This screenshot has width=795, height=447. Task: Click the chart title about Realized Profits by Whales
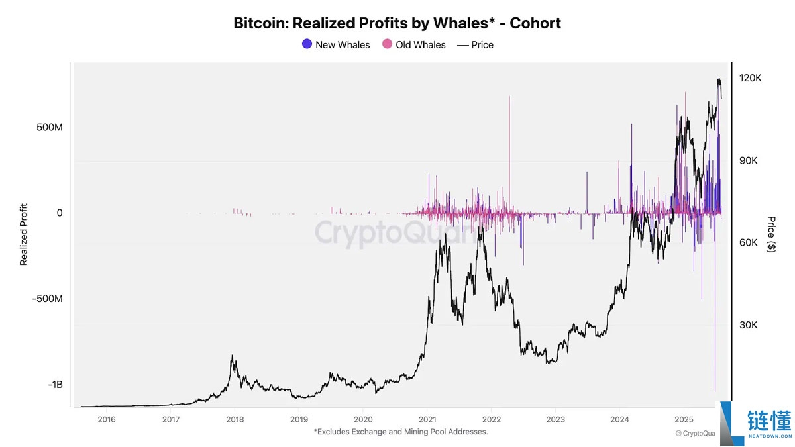click(x=397, y=23)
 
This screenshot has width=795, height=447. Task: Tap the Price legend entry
click(x=475, y=45)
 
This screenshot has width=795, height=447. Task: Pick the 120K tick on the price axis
click(x=751, y=78)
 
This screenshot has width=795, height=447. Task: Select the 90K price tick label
click(x=751, y=161)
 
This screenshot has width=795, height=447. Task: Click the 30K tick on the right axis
click(x=751, y=325)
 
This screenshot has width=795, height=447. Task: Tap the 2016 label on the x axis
click(x=106, y=419)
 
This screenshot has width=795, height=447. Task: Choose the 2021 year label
click(x=427, y=419)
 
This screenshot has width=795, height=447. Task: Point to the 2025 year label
click(x=683, y=419)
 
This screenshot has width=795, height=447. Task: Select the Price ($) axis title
click(x=771, y=234)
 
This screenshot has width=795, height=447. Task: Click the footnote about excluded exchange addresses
click(x=400, y=432)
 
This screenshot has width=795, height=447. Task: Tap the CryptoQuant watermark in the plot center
click(x=394, y=233)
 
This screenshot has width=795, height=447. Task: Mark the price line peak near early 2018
click(x=233, y=356)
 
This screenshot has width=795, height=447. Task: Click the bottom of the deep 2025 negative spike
click(x=715, y=389)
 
